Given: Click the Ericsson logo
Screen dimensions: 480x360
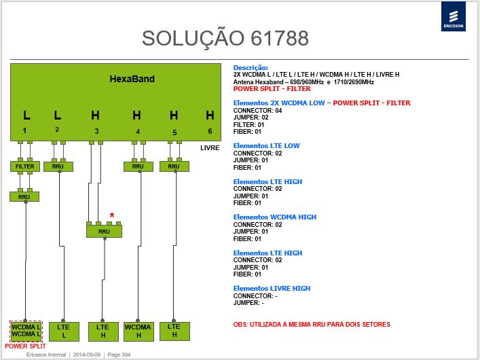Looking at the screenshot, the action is (454, 16).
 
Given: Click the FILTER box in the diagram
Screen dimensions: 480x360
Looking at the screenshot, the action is (25, 166).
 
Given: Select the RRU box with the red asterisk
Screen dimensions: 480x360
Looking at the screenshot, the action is (104, 232).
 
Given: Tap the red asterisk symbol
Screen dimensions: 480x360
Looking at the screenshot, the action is (112, 215).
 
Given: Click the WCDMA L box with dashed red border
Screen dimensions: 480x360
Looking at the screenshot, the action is (26, 331).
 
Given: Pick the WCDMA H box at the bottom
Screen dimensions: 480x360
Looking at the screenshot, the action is (139, 331).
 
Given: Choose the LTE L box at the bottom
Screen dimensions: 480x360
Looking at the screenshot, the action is (64, 331).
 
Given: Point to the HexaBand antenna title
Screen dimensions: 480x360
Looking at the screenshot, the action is (132, 79).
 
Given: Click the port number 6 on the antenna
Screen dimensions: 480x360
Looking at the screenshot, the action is (210, 131).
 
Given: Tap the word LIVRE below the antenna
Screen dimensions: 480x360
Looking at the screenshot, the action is (210, 147).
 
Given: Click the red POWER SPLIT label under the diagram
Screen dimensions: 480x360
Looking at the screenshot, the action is (25, 346).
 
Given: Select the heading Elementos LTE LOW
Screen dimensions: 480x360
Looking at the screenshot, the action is (266, 146).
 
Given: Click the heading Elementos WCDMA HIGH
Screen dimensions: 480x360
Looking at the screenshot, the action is (274, 217).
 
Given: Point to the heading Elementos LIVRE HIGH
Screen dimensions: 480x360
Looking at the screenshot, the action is (272, 289).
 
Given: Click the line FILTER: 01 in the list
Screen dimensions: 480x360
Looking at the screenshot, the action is (248, 125).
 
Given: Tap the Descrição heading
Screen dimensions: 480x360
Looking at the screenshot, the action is (251, 68).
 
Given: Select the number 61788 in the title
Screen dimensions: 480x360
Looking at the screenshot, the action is (280, 38).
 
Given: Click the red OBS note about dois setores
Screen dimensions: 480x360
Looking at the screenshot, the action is (312, 325).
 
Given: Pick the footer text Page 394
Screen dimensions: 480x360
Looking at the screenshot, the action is (119, 355).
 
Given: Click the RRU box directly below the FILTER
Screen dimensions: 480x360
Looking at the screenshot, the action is (24, 197).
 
